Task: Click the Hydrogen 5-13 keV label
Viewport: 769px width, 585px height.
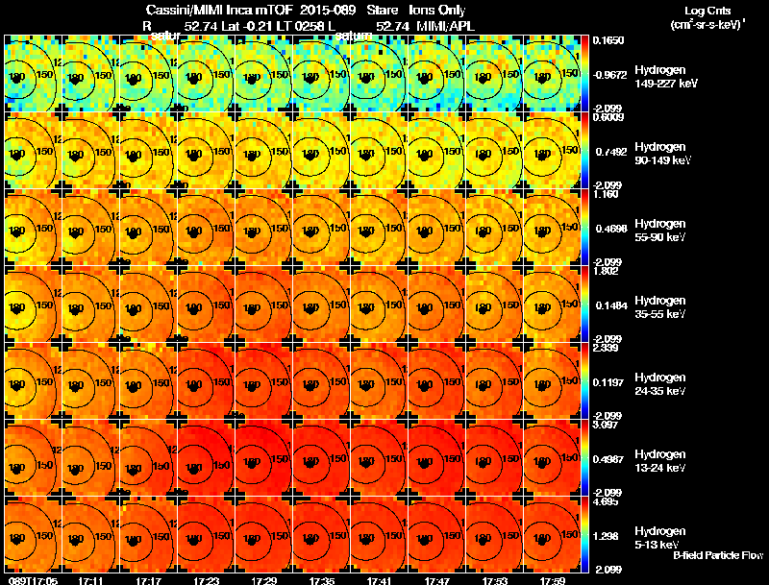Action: point(660,537)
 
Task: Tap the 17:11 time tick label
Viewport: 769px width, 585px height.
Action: point(91,580)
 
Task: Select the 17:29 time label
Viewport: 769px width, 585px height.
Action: point(264,580)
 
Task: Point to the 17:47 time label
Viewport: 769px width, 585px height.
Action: point(438,580)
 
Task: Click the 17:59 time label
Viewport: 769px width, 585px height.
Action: point(554,580)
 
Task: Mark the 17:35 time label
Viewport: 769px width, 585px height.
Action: point(322,580)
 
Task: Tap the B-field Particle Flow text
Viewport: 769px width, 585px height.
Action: point(717,555)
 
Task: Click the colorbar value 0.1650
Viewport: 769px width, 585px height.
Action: point(609,40)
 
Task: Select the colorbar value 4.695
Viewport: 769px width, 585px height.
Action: point(608,501)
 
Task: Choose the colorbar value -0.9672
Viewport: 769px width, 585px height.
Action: point(611,74)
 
